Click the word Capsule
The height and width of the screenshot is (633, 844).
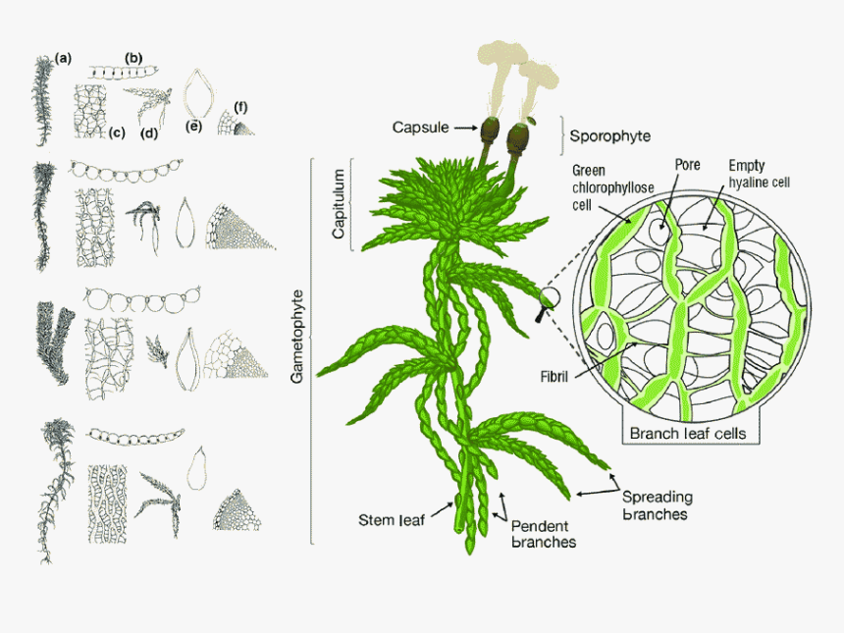coord(420,128)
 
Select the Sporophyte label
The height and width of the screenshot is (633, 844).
coord(609,136)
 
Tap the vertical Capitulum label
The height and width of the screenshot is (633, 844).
coord(338,203)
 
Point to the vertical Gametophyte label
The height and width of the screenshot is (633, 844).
coord(297,337)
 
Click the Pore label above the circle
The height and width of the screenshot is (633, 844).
coord(687,165)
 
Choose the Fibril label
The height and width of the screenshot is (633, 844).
coord(554,376)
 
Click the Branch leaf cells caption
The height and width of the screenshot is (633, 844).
coord(688,434)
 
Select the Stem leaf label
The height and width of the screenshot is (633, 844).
coord(392,520)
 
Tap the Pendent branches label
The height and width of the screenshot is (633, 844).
coord(543,534)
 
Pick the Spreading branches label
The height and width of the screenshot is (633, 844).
coord(658,504)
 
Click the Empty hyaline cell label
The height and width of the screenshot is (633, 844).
coord(759,174)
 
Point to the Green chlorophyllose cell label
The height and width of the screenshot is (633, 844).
coord(612,187)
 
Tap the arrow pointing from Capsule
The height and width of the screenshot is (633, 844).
coord(466,128)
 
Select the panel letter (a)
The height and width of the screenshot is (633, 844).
coord(63,58)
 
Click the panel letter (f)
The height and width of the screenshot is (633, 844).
coord(240,107)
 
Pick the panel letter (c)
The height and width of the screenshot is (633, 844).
coord(117,132)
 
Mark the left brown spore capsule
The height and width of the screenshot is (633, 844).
coord(490,131)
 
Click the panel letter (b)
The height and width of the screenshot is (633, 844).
coord(133,58)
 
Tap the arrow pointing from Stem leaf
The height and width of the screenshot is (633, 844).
coord(443,509)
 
